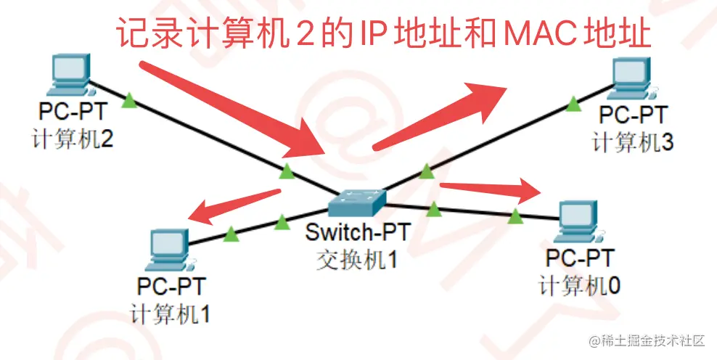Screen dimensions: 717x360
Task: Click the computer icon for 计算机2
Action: click(x=70, y=75)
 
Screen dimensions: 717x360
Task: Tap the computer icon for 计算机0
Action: click(x=578, y=221)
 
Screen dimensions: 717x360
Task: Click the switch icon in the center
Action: click(x=357, y=202)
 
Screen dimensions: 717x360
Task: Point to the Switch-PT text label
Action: click(x=358, y=232)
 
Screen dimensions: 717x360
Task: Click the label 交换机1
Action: click(x=358, y=260)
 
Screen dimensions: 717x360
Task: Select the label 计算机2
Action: click(x=73, y=139)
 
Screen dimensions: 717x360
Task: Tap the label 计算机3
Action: click(x=633, y=142)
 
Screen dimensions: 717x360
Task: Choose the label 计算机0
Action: click(x=579, y=286)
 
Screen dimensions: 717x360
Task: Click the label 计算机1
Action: click(x=170, y=314)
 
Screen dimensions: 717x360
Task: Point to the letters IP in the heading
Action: click(x=369, y=33)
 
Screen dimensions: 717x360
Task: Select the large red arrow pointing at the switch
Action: click(x=232, y=110)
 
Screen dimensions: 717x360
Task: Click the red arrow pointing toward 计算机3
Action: click(x=440, y=116)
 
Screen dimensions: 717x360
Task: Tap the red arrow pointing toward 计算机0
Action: click(x=490, y=190)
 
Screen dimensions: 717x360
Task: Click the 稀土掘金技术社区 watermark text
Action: click(x=648, y=341)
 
